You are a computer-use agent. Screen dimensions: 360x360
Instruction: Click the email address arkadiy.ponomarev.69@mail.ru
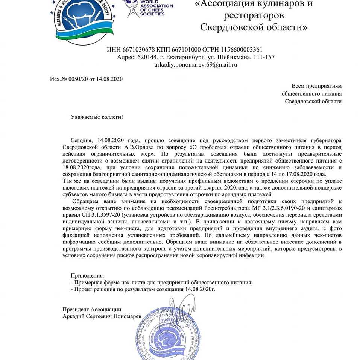[196, 64]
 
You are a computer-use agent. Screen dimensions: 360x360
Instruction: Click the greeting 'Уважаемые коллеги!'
[97, 117]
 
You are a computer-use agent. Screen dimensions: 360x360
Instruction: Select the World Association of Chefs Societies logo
[149, 8]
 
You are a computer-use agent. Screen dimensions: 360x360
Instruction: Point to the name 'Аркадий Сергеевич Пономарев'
[102, 317]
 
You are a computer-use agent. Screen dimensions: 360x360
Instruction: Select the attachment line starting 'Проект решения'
[145, 290]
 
